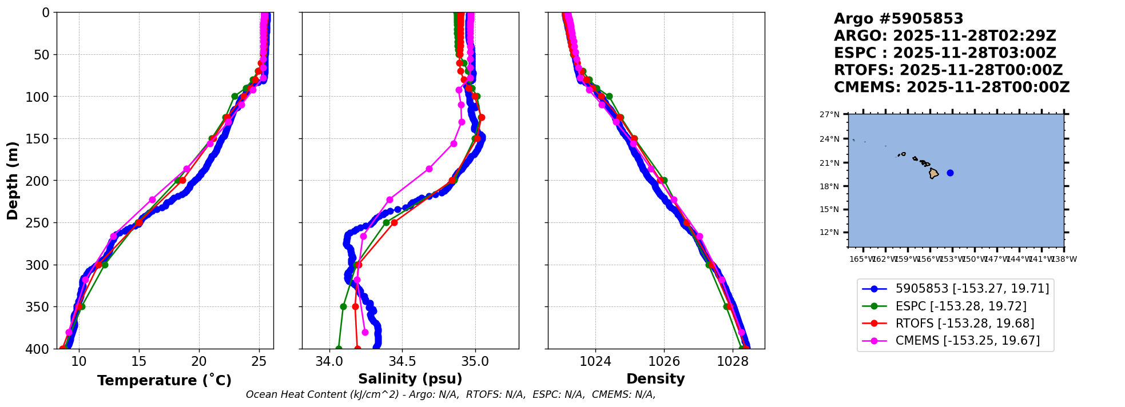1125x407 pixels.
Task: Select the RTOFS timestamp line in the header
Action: point(948,70)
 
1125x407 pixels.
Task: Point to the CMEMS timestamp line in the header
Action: point(951,87)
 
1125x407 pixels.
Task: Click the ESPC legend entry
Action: point(961,306)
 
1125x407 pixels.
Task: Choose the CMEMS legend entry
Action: point(967,341)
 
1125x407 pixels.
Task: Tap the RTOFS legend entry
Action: point(964,324)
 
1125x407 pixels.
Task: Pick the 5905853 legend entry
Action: point(972,289)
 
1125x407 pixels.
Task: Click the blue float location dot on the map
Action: point(950,173)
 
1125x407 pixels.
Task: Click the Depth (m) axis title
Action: point(13,180)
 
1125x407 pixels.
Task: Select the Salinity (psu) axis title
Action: point(410,379)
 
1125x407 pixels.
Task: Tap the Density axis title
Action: point(655,379)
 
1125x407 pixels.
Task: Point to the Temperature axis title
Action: point(164,381)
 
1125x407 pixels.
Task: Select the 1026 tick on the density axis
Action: point(664,362)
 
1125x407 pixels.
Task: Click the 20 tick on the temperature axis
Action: point(199,362)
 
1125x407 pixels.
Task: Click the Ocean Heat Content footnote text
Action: point(451,394)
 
